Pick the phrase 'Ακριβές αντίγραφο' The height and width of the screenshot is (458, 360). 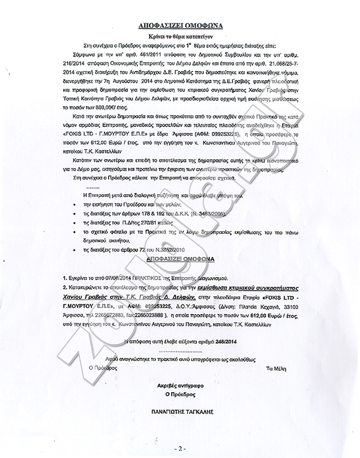coord(178,384)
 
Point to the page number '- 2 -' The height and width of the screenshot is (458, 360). coord(179,448)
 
